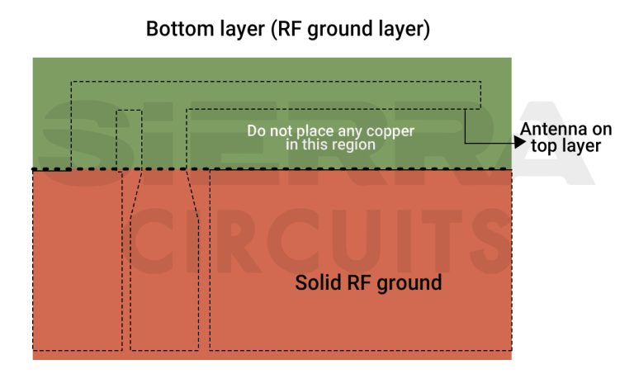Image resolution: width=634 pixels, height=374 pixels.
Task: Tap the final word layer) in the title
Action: (x=402, y=29)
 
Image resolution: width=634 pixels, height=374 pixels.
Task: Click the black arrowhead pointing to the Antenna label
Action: (x=518, y=142)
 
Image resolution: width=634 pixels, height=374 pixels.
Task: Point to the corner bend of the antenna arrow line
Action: (x=465, y=142)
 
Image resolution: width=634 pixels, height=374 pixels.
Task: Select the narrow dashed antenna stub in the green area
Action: (x=129, y=139)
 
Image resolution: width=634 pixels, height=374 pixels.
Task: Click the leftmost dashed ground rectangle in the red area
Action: (x=77, y=259)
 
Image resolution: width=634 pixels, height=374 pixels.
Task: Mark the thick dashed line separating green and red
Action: (x=272, y=169)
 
